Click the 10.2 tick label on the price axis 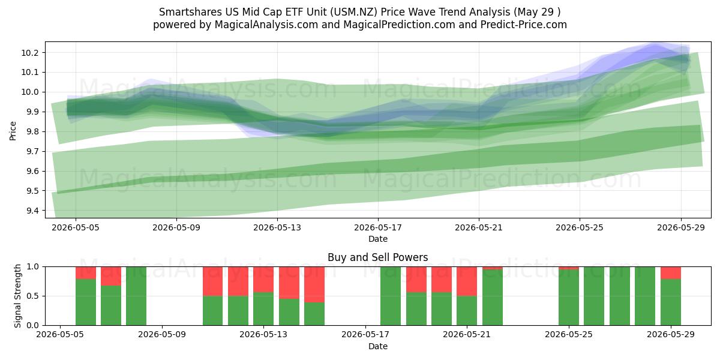29,53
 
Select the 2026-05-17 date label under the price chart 378,227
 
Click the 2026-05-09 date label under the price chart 176,227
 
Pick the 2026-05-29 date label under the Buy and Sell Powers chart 671,334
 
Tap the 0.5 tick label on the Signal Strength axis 33,296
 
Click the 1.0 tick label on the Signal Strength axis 33,267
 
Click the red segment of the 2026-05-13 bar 263,280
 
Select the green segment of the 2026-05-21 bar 467,311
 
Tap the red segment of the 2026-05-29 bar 671,273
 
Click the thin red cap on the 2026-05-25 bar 569,268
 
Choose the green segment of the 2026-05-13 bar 263,308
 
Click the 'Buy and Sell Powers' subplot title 377,257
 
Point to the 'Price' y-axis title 13,131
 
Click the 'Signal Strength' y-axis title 17,296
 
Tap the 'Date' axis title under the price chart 378,239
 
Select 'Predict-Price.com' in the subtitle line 524,25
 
